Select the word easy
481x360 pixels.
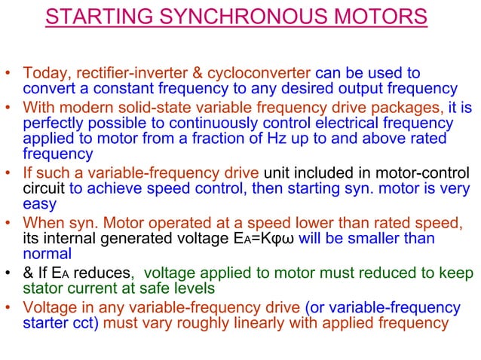pos(40,205)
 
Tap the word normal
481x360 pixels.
pos(47,255)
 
